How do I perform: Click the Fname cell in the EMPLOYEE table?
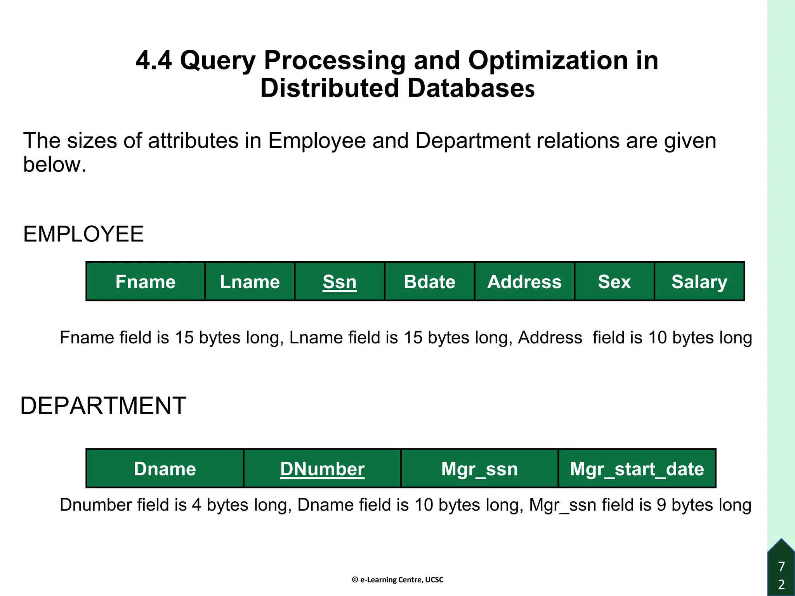(x=145, y=281)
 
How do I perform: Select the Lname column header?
(x=250, y=281)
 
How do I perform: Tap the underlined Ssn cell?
(x=339, y=281)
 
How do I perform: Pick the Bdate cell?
(x=429, y=281)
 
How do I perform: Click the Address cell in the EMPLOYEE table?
(x=524, y=281)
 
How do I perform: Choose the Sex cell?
(x=614, y=281)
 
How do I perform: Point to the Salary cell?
(x=699, y=281)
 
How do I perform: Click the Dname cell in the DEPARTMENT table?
(x=165, y=468)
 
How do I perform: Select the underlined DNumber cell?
(x=322, y=468)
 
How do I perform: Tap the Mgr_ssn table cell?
(x=479, y=468)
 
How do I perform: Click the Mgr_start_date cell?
(x=637, y=468)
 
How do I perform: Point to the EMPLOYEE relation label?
(x=83, y=234)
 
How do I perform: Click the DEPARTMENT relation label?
(x=103, y=406)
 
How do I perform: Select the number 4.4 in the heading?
(x=154, y=61)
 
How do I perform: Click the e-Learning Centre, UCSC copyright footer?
(x=397, y=580)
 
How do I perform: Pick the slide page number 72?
(x=781, y=575)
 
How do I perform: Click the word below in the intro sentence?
(x=54, y=165)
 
